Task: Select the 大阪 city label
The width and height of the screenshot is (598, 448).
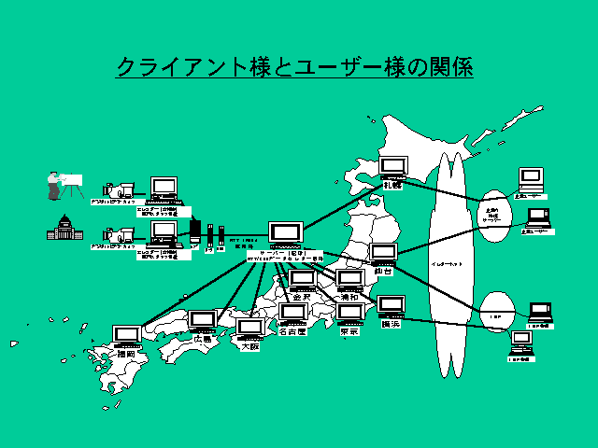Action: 249,345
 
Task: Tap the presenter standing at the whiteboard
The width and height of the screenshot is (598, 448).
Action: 56,185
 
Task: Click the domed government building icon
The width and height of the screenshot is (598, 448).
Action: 64,228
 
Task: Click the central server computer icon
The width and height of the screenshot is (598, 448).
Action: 283,234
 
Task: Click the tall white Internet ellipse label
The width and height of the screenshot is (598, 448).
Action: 446,266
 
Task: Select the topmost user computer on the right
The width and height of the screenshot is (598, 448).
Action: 531,177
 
